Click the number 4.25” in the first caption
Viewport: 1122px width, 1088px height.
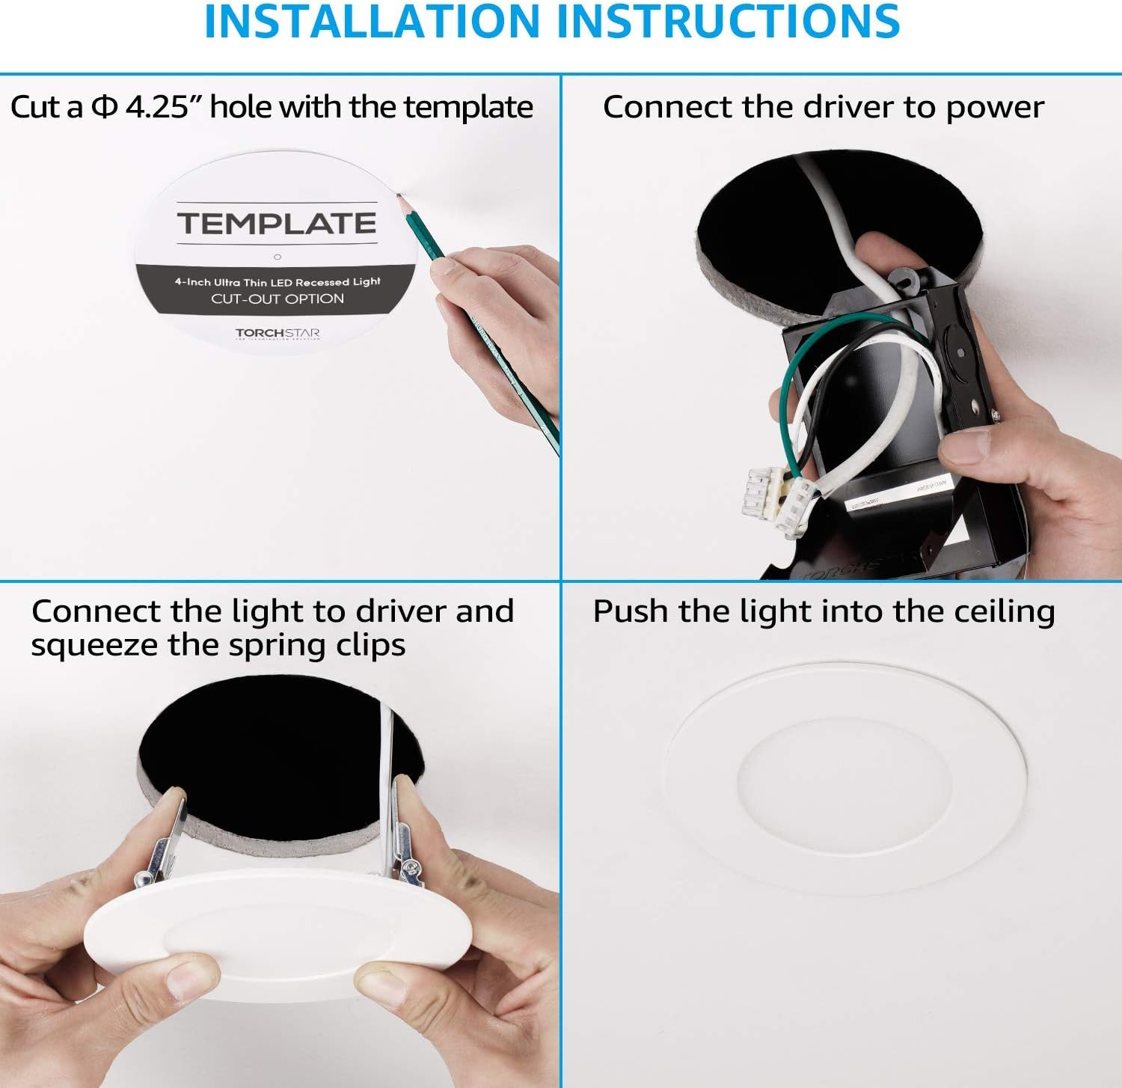(157, 107)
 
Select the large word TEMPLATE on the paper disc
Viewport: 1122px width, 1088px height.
(277, 223)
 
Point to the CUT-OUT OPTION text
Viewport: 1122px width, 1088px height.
(278, 299)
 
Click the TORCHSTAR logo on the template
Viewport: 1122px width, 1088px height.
(278, 332)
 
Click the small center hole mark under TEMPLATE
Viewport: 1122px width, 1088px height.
(278, 257)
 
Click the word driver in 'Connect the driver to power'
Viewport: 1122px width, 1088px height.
(849, 107)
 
